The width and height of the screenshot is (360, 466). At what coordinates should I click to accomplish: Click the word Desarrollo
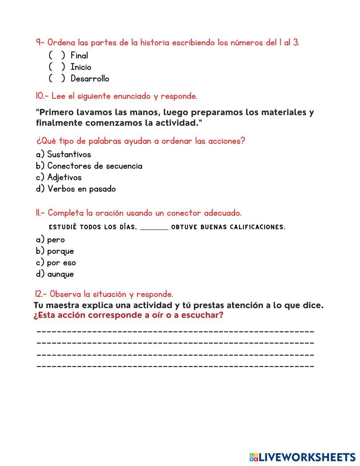click(x=90, y=79)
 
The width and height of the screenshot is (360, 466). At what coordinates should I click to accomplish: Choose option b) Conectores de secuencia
click(x=89, y=166)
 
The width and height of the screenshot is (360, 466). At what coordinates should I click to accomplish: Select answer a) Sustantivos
click(x=63, y=154)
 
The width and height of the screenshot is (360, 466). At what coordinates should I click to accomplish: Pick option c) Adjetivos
click(x=59, y=178)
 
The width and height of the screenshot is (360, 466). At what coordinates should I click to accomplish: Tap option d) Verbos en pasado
click(x=76, y=189)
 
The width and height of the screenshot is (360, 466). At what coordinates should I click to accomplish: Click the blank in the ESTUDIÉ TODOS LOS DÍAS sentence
click(x=154, y=228)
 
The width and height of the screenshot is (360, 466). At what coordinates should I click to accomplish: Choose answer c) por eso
click(x=56, y=263)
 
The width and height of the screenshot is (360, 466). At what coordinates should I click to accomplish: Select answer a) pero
click(x=50, y=240)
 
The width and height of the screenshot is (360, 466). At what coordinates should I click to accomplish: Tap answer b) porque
click(x=55, y=251)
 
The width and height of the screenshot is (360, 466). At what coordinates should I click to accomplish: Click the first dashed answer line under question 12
click(x=175, y=331)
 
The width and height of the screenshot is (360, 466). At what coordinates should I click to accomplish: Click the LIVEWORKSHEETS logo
click(x=302, y=457)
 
